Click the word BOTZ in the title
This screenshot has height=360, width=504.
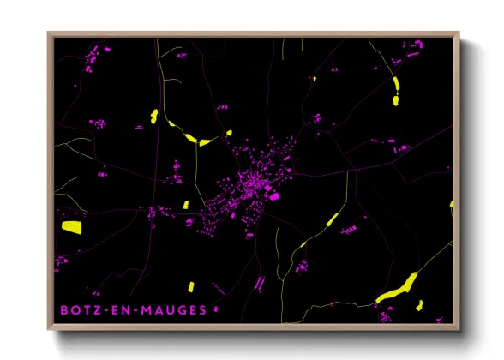(79, 309)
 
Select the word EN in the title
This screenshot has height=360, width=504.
(126, 309)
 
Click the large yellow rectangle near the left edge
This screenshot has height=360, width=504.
(71, 227)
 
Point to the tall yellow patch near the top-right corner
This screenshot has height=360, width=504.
(396, 90)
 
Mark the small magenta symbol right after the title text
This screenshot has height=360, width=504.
(216, 309)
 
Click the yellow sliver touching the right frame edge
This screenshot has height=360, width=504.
(451, 205)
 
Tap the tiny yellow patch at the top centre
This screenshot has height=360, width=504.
(314, 79)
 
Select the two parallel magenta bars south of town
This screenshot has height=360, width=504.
(259, 282)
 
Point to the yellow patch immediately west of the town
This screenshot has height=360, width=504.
(185, 205)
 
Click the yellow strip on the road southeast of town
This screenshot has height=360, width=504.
(332, 220)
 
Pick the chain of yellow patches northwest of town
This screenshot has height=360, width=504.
(196, 138)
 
